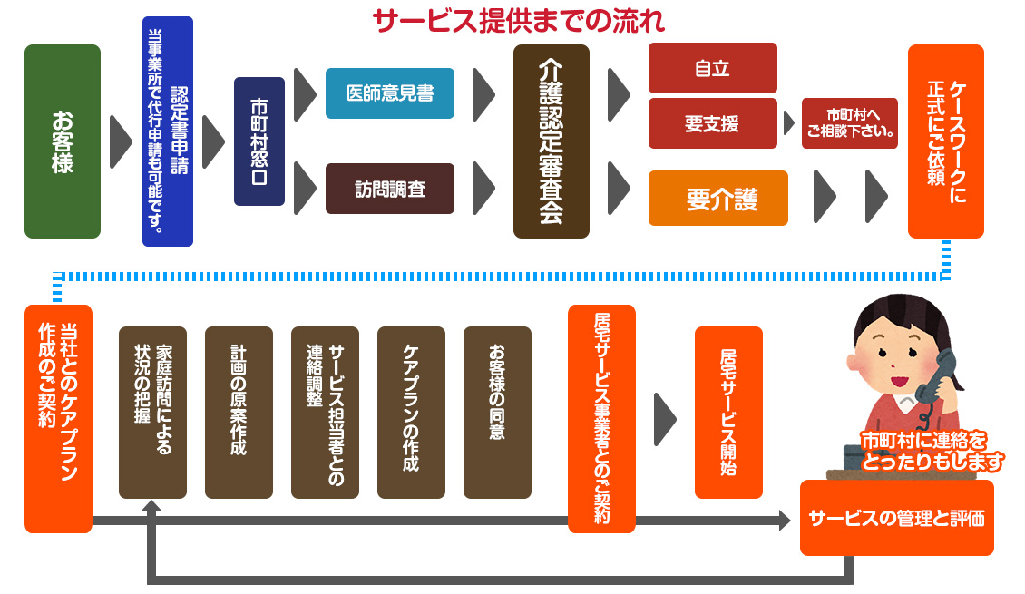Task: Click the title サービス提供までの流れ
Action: (520, 20)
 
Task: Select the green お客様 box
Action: (63, 141)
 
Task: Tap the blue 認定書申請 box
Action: (168, 131)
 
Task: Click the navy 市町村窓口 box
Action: (259, 141)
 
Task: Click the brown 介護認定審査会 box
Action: (552, 141)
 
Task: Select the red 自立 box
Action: (712, 68)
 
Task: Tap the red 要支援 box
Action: (712, 123)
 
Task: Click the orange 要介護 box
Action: (718, 198)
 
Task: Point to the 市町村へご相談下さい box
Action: (850, 123)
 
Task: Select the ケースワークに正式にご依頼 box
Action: (946, 141)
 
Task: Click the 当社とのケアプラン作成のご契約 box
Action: (58, 418)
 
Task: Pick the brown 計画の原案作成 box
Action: (239, 413)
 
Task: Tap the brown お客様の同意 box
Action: (497, 413)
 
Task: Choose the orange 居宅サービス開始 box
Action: (728, 413)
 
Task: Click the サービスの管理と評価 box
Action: (896, 518)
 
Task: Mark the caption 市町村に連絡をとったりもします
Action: (932, 451)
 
